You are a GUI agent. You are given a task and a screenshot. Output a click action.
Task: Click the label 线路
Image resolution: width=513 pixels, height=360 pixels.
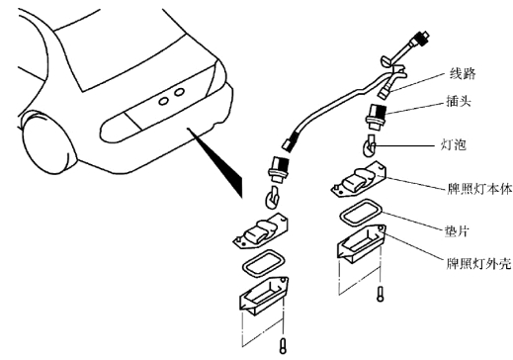463,73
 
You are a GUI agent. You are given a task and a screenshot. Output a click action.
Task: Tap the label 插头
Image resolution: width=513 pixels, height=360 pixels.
458,101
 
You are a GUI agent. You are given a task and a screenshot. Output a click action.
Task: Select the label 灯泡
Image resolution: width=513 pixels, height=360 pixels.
454,144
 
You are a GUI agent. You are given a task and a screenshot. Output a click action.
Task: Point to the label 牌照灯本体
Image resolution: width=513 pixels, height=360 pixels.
479,189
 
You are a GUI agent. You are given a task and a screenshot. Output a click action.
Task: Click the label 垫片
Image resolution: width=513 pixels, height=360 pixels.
457,231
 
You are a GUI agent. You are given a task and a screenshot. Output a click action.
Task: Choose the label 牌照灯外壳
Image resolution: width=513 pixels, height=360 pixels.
479,264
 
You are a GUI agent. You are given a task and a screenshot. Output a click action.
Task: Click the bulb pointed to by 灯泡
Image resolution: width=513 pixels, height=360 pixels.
369,145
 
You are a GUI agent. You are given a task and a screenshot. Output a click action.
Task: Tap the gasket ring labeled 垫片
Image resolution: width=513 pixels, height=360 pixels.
361,213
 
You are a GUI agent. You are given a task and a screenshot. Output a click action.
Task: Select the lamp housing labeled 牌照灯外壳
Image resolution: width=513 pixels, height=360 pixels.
362,243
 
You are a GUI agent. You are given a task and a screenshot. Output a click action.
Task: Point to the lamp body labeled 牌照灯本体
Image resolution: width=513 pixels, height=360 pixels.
359,180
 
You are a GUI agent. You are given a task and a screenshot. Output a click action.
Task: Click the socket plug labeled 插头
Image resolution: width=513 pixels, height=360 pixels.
376,118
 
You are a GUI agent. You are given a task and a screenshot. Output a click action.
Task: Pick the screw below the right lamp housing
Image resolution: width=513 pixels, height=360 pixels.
381,294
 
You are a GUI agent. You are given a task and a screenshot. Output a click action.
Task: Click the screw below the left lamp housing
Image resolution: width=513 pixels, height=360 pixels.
283,346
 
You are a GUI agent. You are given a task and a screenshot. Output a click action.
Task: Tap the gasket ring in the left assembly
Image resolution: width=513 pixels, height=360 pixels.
264,263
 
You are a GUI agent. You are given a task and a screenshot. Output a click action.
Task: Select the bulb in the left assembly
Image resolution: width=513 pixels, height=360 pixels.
272,198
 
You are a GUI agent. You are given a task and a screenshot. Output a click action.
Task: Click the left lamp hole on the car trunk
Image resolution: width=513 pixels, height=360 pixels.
163,101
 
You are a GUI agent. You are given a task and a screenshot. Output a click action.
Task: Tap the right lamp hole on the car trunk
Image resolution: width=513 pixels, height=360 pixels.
179,92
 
